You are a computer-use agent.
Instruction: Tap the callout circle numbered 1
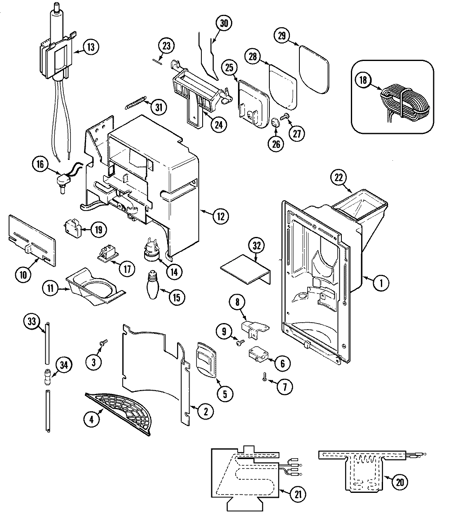(x=381, y=283)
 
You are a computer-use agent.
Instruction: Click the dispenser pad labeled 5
(x=207, y=359)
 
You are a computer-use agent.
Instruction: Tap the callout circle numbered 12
(x=221, y=216)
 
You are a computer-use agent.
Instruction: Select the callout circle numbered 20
(x=399, y=483)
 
